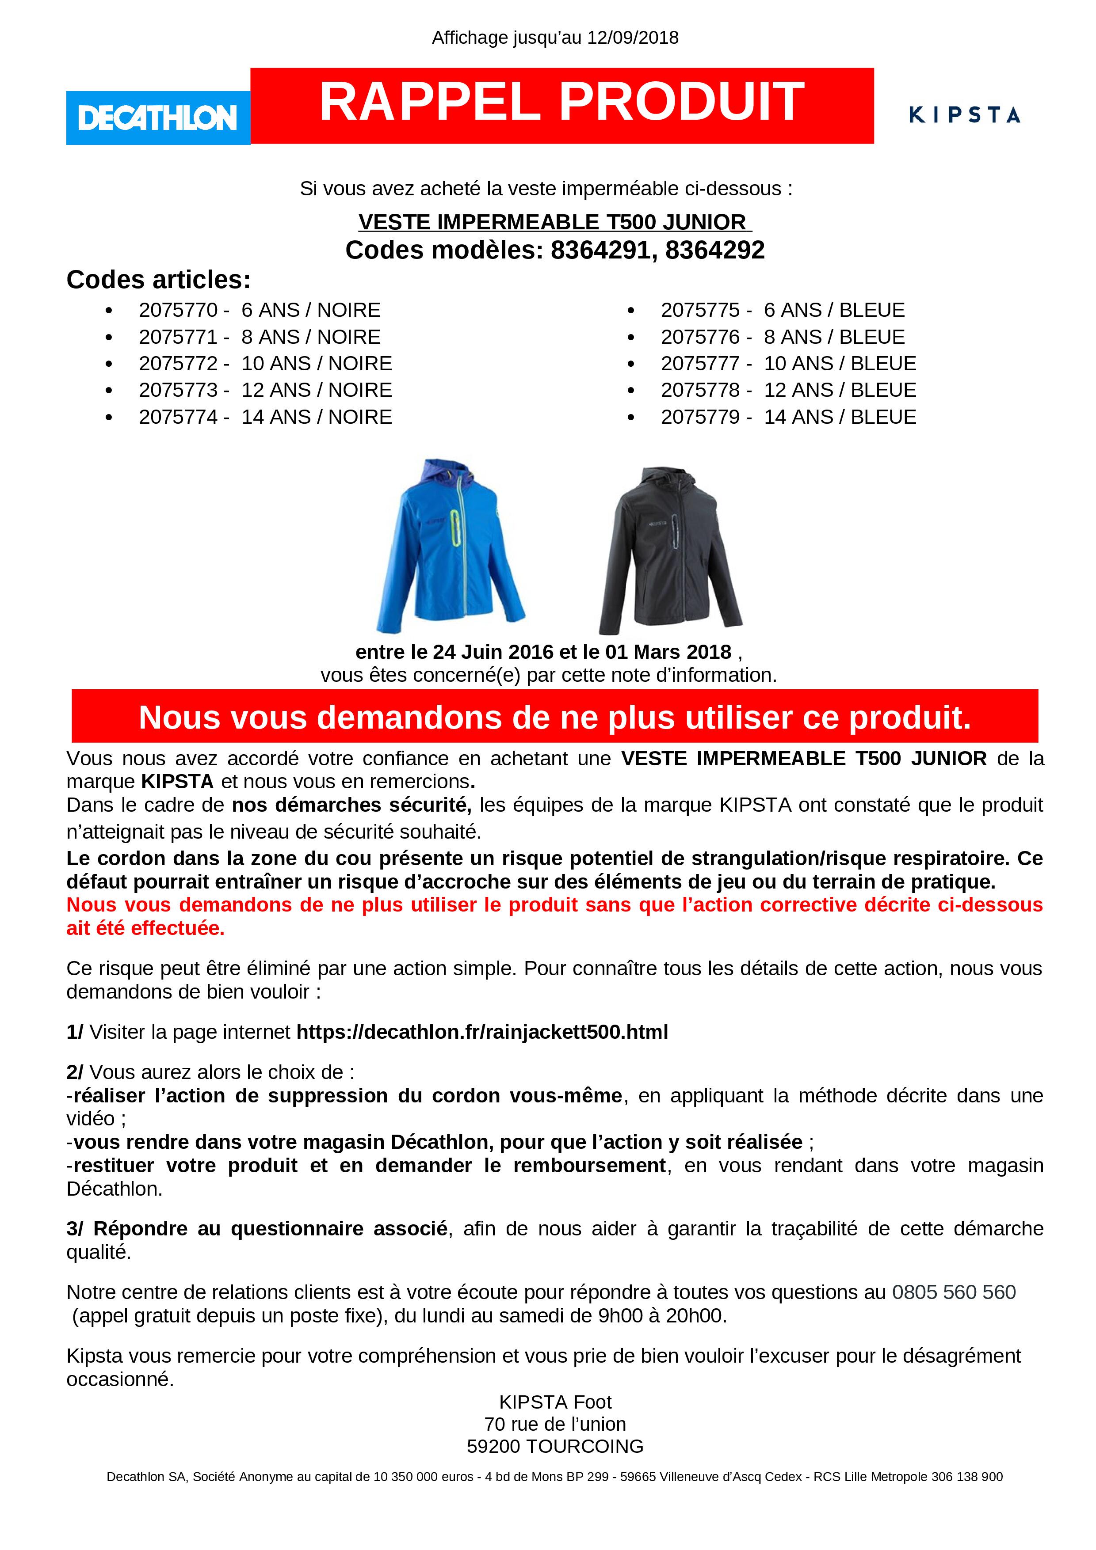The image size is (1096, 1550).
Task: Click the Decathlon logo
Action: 158,118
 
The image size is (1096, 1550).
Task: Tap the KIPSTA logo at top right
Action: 964,115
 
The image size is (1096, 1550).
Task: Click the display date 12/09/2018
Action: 632,38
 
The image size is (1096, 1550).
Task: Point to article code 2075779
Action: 700,417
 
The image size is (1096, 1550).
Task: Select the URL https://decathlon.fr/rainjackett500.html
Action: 482,1032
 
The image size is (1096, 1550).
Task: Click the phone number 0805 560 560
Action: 954,1292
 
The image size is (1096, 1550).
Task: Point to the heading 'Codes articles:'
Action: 158,280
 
